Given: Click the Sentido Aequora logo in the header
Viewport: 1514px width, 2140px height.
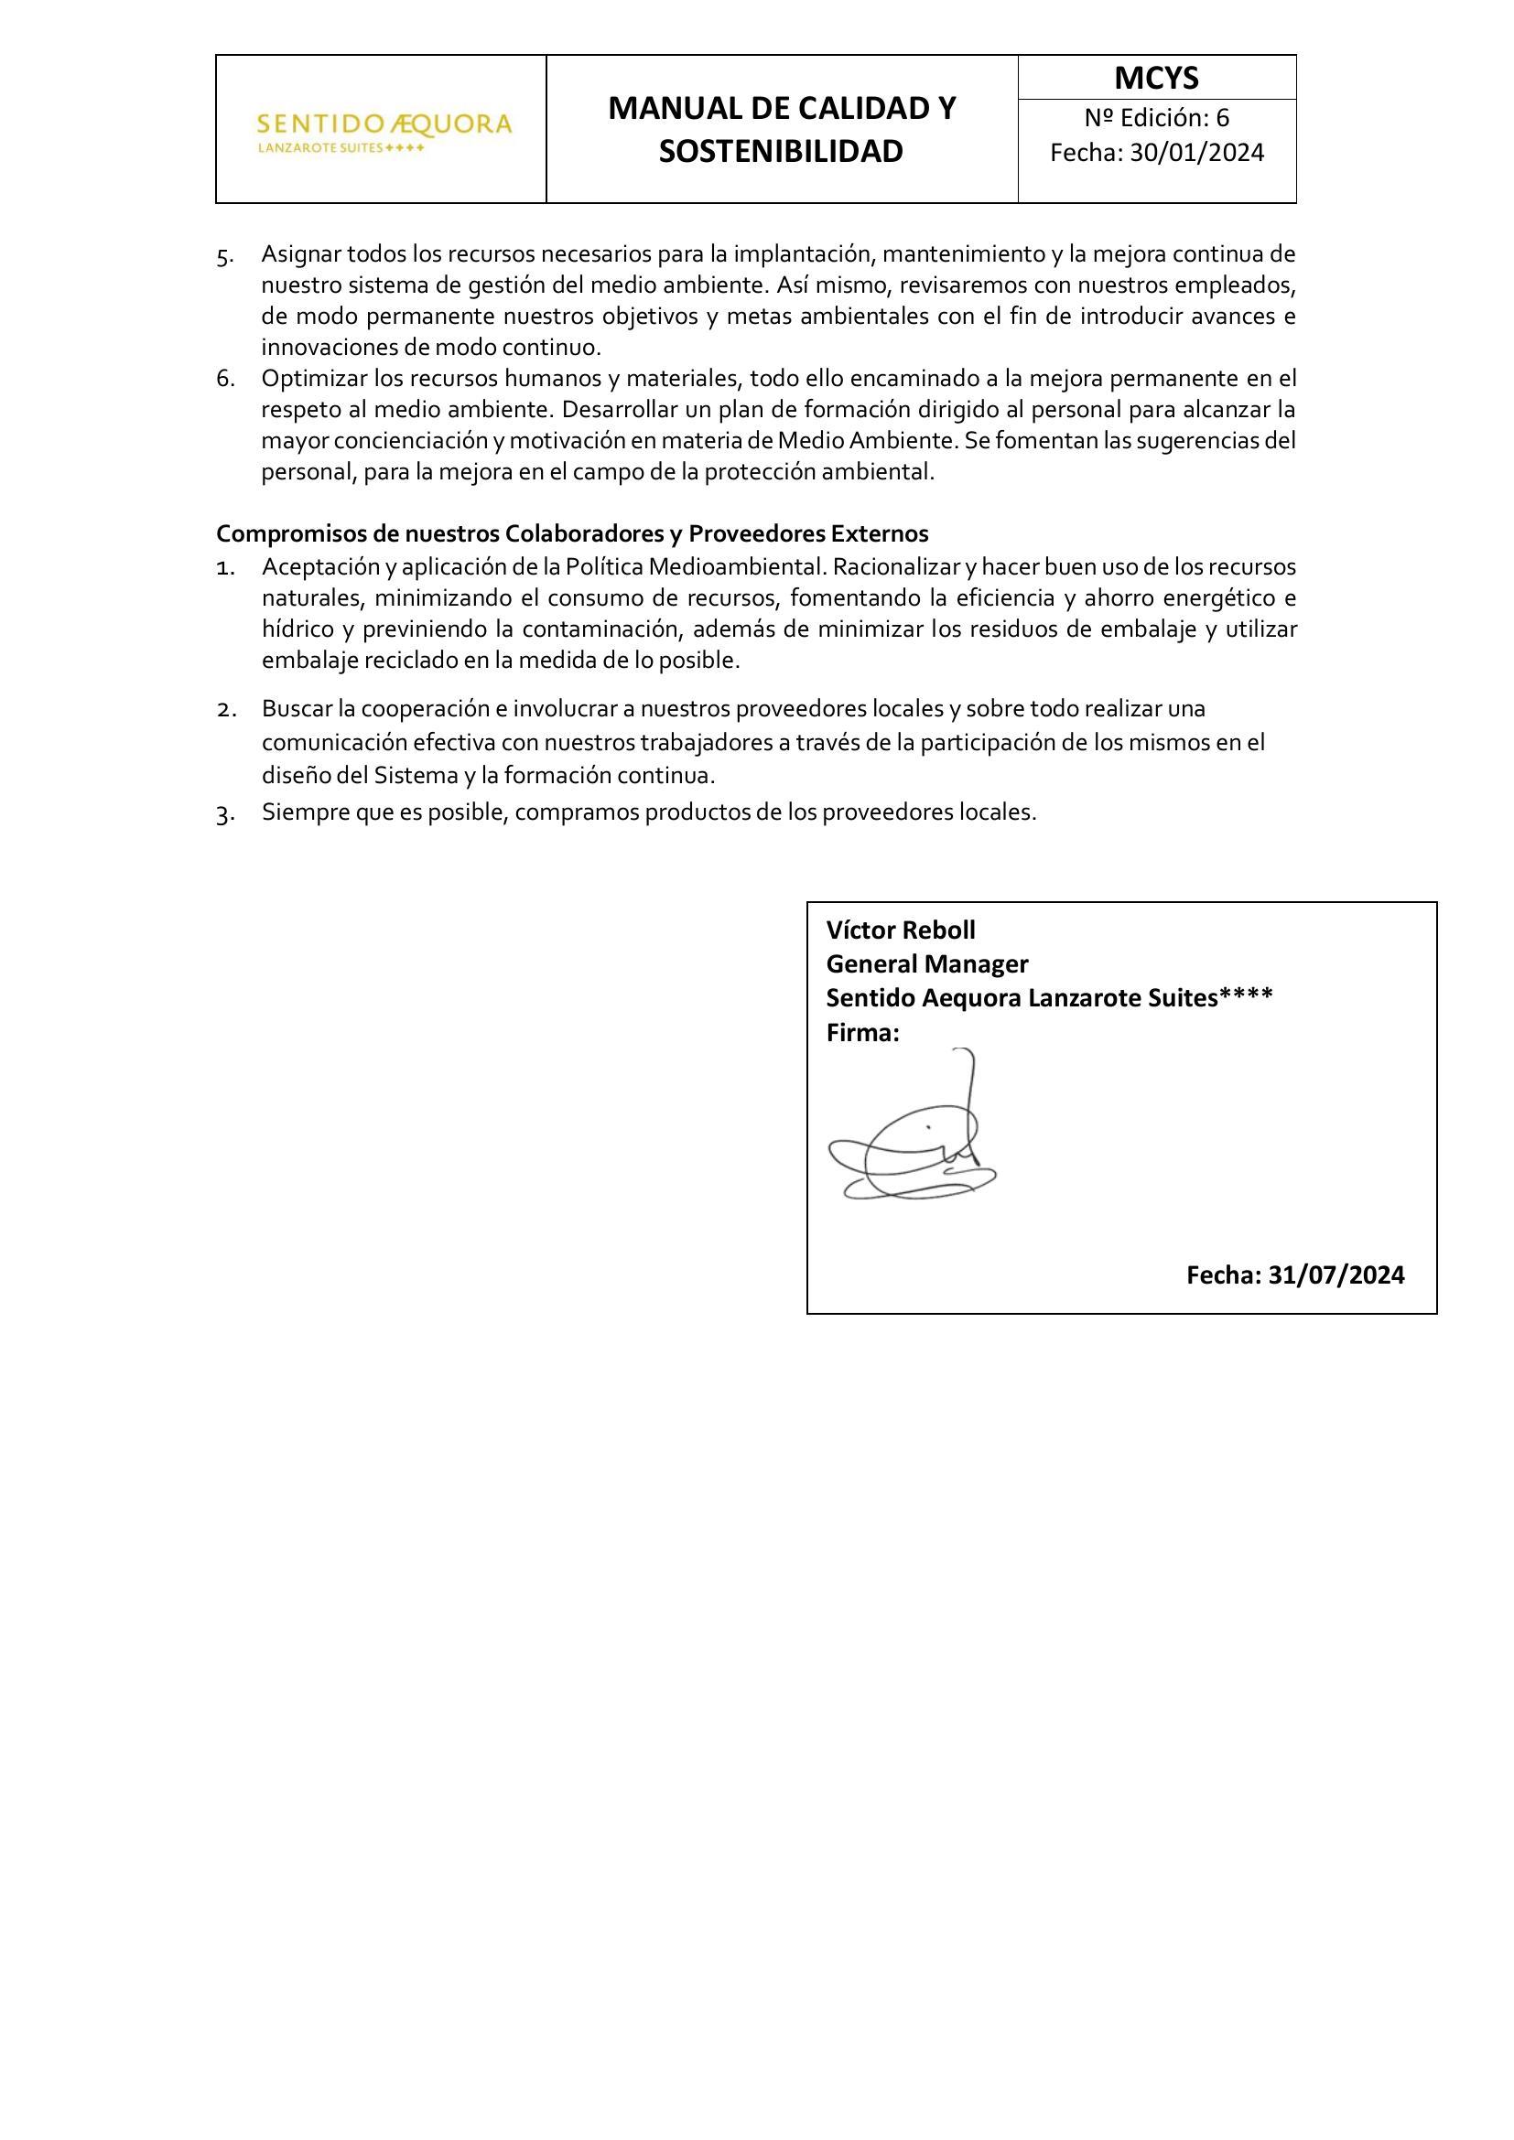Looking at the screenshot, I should pos(384,132).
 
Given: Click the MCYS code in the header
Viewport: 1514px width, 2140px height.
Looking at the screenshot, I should pos(1156,79).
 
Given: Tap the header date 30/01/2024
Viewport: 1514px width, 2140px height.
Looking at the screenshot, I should pos(1197,153).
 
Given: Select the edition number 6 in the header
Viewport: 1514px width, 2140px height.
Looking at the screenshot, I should pos(1222,118).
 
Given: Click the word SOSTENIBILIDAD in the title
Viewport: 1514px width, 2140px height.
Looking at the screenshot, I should pos(781,151).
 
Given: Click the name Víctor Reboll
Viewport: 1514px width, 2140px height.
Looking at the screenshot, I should pos(901,930).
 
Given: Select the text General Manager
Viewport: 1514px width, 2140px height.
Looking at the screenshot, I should pos(926,963).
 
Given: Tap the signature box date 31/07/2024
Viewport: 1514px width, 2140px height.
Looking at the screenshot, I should pos(1336,1275).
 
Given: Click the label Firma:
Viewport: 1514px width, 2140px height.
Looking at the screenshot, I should pos(862,1033).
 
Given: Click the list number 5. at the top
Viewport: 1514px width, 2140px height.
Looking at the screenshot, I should pos(225,256).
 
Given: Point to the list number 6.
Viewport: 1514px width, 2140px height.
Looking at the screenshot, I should pos(225,380).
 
